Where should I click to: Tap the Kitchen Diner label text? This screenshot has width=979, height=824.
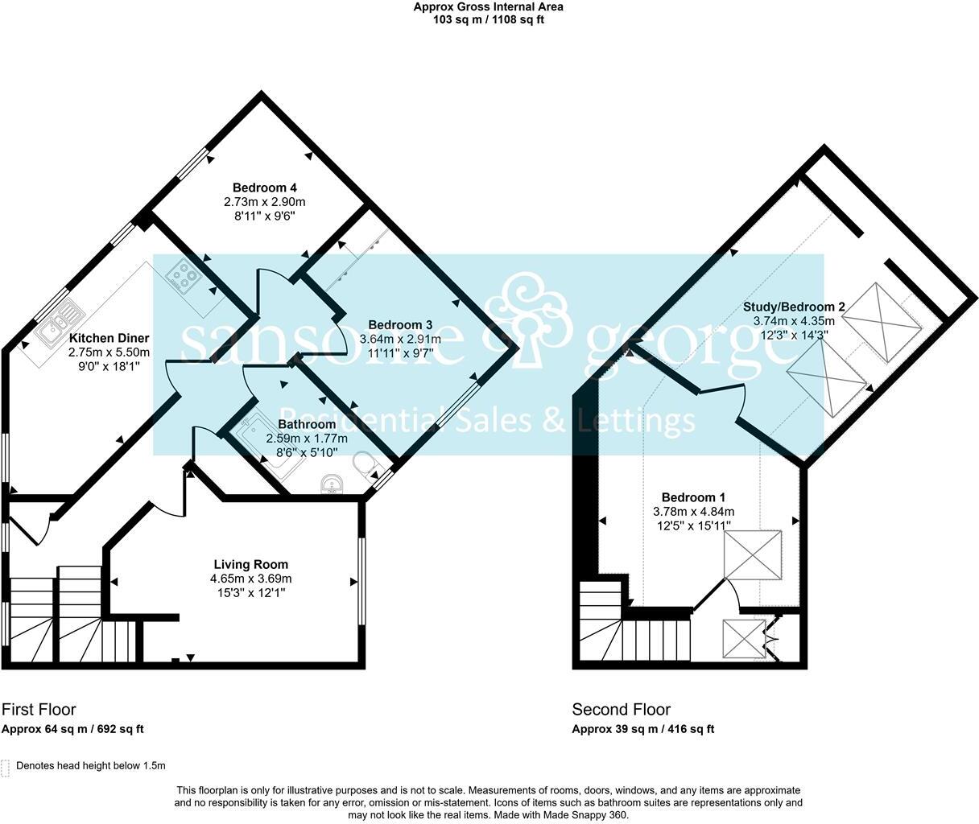[109, 338]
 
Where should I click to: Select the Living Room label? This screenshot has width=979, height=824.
[250, 564]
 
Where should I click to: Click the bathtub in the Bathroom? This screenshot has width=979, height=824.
[258, 443]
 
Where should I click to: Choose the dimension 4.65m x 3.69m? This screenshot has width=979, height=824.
[250, 579]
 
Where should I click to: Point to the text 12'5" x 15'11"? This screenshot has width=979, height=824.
[693, 525]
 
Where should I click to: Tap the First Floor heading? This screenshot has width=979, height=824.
[39, 709]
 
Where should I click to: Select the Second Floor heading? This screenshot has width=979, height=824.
[621, 709]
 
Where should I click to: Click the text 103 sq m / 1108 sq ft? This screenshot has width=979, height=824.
[489, 19]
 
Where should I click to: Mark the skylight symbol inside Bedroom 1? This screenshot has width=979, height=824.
[753, 554]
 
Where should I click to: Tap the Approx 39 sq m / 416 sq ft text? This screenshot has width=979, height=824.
[642, 729]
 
